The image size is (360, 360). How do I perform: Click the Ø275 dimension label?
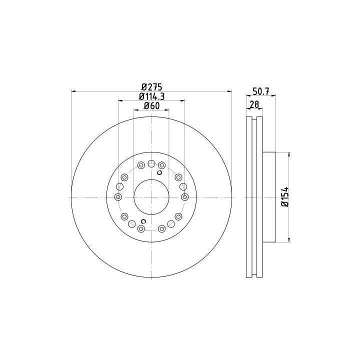(x=151, y=87)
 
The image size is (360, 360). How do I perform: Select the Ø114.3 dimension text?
(x=152, y=96)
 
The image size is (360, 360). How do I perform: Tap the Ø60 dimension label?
(x=151, y=106)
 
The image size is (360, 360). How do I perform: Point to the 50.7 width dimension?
(x=261, y=91)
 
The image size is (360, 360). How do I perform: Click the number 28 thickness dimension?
(x=254, y=104)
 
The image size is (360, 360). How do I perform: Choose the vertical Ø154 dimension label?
(x=285, y=197)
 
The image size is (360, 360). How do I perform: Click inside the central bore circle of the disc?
(x=151, y=197)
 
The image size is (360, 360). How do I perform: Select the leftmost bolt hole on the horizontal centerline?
(x=118, y=197)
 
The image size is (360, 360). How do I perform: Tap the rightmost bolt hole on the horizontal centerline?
(x=185, y=197)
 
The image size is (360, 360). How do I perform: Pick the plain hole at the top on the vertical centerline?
(x=151, y=163)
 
